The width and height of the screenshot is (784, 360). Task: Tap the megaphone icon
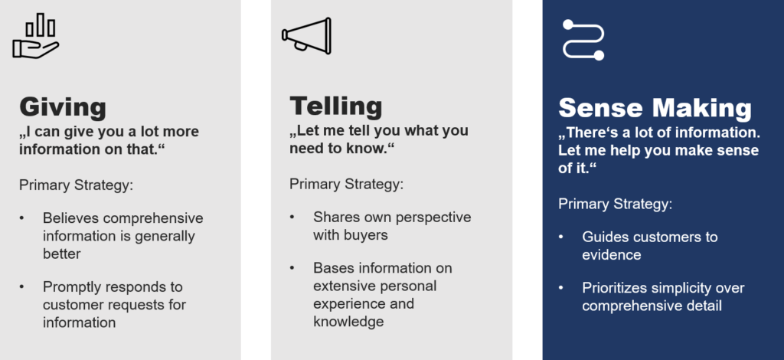306,35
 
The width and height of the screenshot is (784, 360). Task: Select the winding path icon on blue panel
583,40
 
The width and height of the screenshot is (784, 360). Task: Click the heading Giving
63,107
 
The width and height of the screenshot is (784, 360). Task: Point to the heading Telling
335,106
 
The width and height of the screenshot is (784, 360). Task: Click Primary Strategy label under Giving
76,185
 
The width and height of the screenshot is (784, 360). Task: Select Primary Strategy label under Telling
346,184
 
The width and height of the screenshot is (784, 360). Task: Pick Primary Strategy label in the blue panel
615,204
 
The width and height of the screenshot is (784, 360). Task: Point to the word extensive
345,286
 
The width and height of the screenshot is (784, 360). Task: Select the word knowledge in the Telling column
348,321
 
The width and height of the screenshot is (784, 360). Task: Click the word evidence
612,254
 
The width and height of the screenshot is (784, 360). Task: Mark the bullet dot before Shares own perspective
292,218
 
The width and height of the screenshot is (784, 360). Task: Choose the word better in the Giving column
61,254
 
